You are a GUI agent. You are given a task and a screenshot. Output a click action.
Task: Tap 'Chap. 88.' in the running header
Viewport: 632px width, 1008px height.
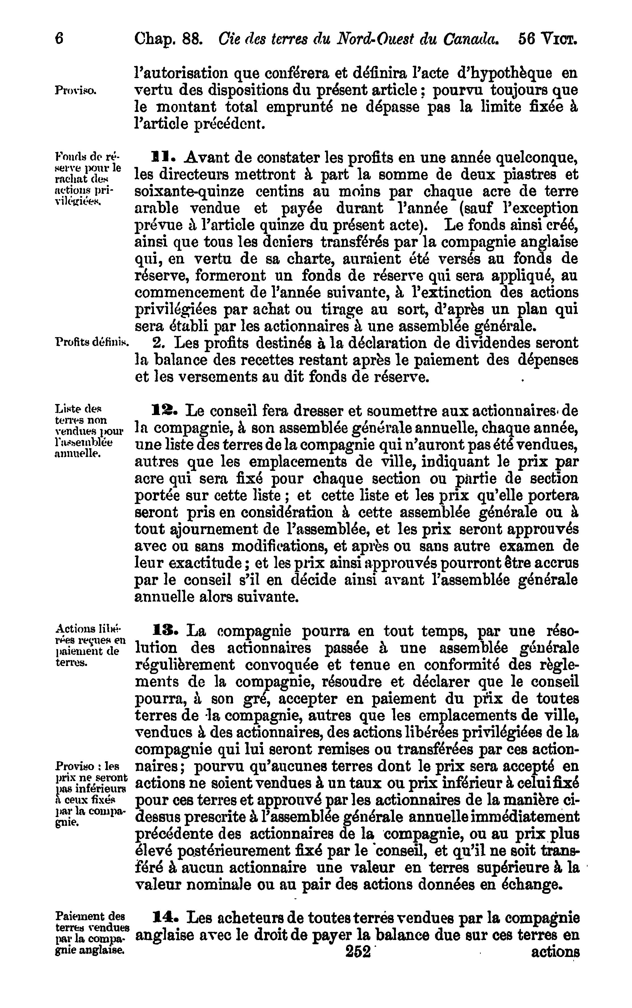[x=168, y=40]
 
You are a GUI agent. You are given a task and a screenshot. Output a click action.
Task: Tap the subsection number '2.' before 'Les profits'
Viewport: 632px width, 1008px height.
[x=160, y=343]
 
